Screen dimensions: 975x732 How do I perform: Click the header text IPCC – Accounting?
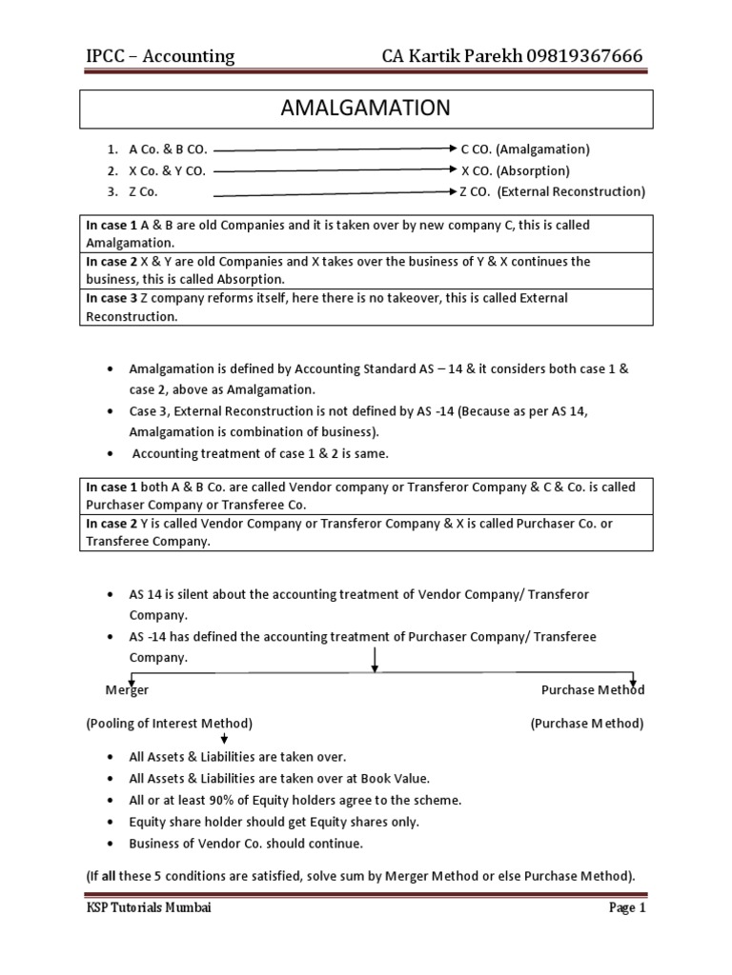point(160,56)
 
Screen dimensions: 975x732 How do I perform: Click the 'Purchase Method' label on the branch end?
point(592,689)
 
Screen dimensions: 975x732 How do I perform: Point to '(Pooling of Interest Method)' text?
point(169,724)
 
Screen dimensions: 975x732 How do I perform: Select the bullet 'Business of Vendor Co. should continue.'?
point(246,844)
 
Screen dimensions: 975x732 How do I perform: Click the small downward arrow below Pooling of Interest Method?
point(224,739)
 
